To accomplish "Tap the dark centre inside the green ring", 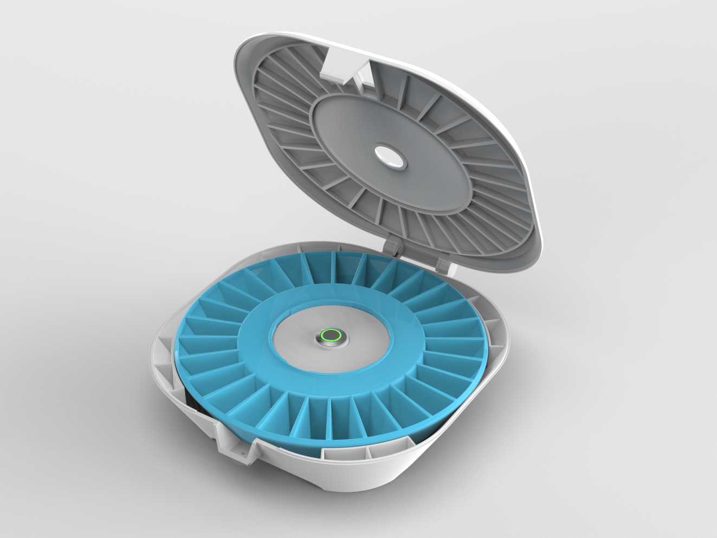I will point(330,336).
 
